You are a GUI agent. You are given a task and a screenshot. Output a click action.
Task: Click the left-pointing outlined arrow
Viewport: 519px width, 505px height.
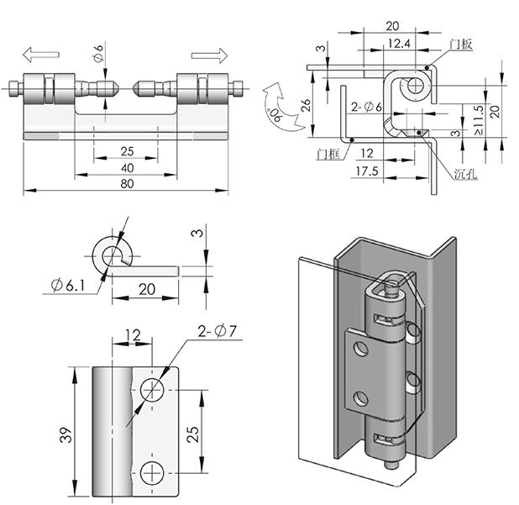pyautogui.click(x=39, y=55)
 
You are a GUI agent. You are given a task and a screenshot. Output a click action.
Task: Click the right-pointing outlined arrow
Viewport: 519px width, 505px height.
pyautogui.click(x=209, y=55)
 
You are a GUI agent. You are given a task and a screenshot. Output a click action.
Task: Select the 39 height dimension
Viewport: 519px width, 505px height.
pyautogui.click(x=66, y=434)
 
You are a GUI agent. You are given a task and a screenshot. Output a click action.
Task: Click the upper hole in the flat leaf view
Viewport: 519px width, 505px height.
pyautogui.click(x=154, y=389)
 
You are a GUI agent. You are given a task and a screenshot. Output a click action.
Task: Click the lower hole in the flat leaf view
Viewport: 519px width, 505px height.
pyautogui.click(x=154, y=473)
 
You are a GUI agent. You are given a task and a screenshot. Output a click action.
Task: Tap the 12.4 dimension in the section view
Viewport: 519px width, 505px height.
pyautogui.click(x=400, y=43)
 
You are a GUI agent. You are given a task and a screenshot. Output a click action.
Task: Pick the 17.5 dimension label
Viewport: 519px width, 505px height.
pyautogui.click(x=367, y=171)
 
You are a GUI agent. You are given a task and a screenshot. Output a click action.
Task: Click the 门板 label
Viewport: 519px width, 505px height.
pyautogui.click(x=461, y=44)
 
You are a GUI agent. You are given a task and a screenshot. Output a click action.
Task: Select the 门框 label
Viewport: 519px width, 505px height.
pyautogui.click(x=330, y=153)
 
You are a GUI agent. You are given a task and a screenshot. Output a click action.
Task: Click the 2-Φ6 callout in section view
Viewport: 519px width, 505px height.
pyautogui.click(x=367, y=107)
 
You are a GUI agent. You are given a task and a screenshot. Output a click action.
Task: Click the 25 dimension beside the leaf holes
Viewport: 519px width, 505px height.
pyautogui.click(x=192, y=434)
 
